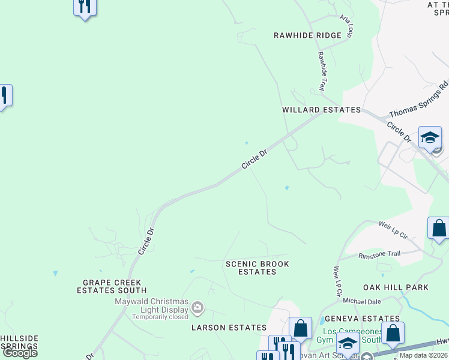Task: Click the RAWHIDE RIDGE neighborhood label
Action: (x=307, y=35)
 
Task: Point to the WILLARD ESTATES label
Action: (x=322, y=110)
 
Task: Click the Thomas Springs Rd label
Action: (x=418, y=100)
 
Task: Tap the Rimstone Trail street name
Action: (x=379, y=254)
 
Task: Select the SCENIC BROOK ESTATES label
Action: (x=257, y=268)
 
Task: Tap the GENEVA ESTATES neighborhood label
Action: (x=361, y=319)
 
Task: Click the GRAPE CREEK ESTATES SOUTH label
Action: (x=112, y=286)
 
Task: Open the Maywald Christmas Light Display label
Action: (x=152, y=305)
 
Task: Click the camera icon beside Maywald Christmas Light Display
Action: (x=197, y=308)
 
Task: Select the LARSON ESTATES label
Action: (x=228, y=328)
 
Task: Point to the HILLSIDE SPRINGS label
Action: (x=19, y=343)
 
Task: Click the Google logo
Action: (x=19, y=353)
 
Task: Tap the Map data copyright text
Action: (x=424, y=355)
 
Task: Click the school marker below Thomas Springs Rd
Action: (x=430, y=137)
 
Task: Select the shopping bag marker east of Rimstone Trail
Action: (x=439, y=229)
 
